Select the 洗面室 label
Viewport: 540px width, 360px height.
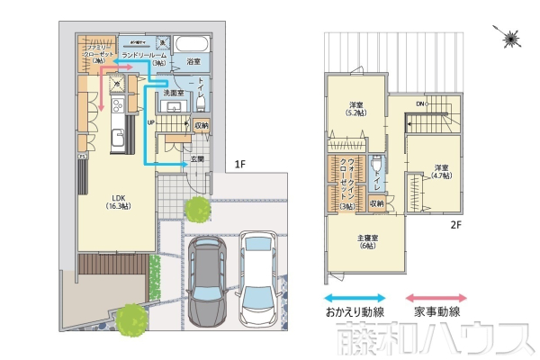tap(173, 93)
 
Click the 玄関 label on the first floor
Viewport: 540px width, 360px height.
tap(196, 159)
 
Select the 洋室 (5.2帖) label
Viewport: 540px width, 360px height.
tap(355, 109)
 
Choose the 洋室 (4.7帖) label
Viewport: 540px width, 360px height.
tap(440, 172)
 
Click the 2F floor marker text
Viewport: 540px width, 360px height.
tap(456, 226)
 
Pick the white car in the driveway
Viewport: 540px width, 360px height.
tap(261, 279)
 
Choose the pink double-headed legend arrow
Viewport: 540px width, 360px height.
tap(436, 297)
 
